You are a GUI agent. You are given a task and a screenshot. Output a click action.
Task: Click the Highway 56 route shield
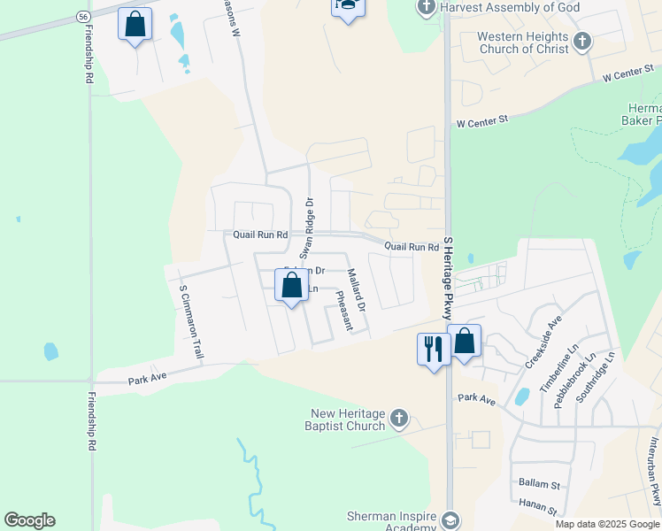82,17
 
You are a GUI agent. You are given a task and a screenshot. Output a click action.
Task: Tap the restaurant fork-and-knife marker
433,348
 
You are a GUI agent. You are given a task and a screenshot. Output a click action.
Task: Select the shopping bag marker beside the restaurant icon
464,342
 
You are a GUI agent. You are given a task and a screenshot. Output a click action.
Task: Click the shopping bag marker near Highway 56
135,25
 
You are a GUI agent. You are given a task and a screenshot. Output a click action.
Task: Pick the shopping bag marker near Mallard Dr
291,286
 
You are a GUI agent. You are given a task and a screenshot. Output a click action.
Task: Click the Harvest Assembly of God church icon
426,8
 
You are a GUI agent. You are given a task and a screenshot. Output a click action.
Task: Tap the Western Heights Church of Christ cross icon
582,42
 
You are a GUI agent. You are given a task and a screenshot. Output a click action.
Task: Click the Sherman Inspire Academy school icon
450,519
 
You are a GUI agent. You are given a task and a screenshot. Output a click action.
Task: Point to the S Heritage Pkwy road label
448,278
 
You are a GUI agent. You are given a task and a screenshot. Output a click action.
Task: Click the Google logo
29,520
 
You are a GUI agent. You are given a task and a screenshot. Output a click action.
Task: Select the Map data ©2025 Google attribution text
606,524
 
